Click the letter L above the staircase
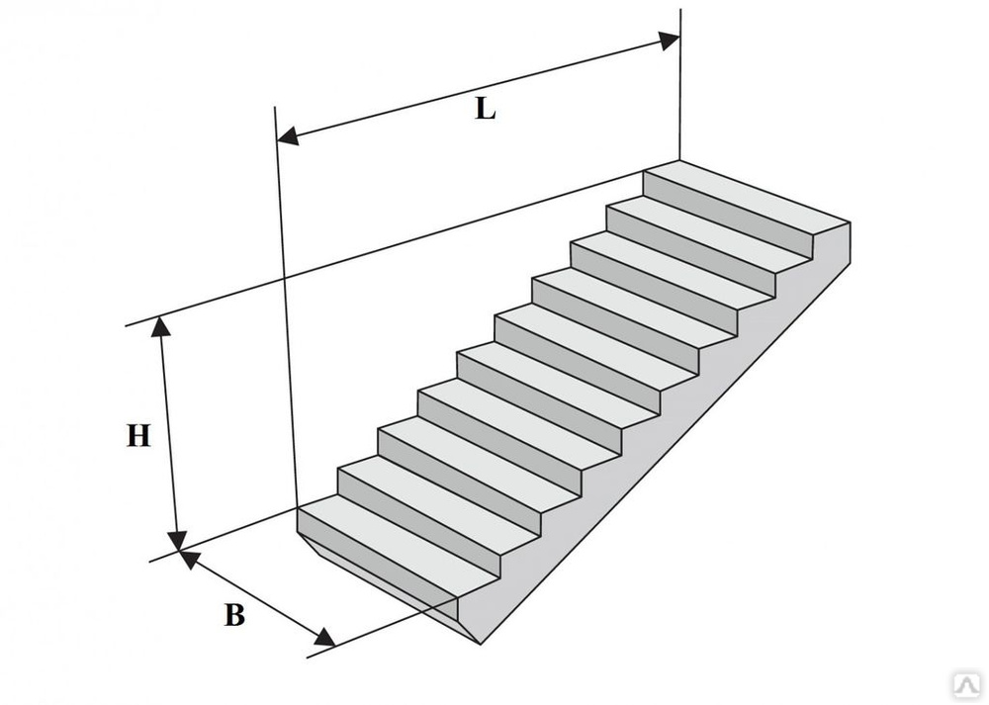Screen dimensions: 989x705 [485, 109]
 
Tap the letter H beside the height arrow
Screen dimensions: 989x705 [138, 436]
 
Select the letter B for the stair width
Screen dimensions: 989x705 [234, 615]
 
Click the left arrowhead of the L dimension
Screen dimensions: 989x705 [288, 135]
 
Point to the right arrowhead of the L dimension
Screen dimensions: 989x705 [670, 41]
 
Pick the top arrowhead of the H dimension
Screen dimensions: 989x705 [161, 326]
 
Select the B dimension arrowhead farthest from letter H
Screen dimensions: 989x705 [324, 637]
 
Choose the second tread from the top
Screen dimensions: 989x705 [709, 232]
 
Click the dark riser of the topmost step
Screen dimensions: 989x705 [728, 215]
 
